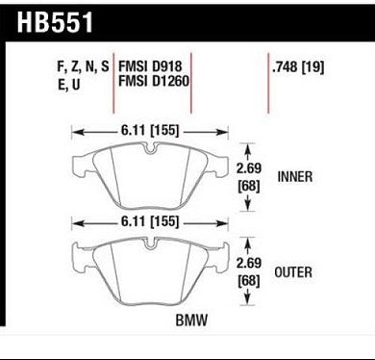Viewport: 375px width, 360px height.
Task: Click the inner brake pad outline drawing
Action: point(154,173)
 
